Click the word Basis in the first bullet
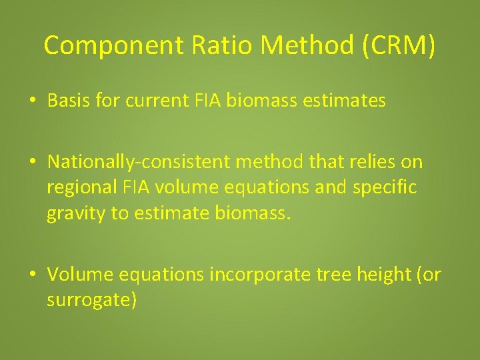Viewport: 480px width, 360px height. [x=68, y=101]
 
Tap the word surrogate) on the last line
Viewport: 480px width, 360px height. [x=91, y=301]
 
